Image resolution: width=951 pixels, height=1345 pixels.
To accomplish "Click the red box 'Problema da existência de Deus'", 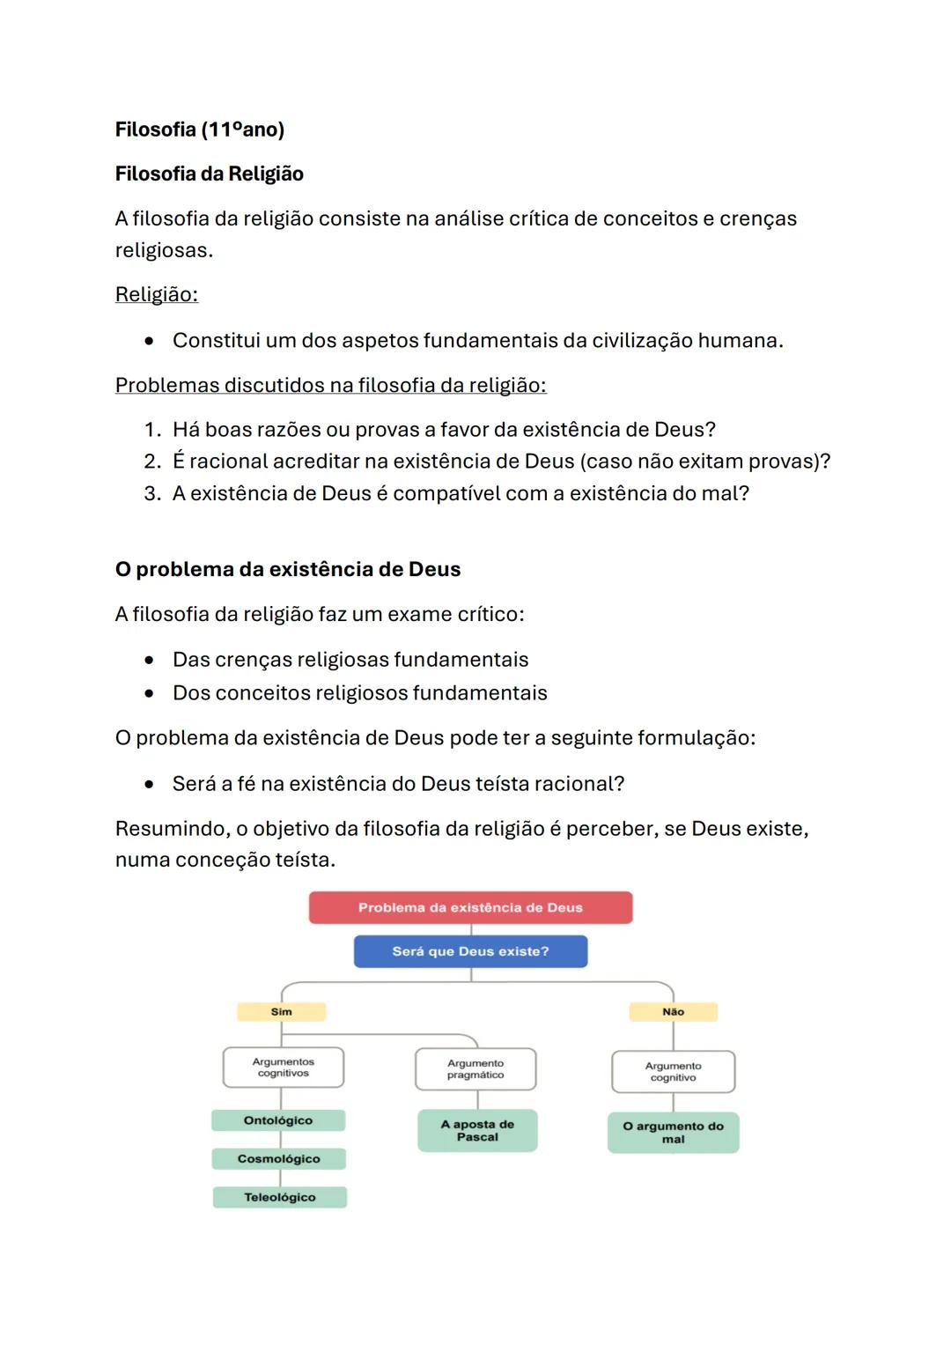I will tap(470, 907).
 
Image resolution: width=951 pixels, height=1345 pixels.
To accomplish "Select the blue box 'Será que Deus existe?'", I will tap(470, 951).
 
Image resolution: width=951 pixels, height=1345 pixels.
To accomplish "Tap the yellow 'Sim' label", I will tap(281, 1012).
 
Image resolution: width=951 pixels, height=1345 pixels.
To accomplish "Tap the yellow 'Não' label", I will tap(673, 1012).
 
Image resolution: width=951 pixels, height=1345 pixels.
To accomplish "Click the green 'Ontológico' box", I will tap(278, 1120).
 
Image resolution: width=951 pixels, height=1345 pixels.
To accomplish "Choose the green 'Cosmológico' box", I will tap(278, 1159).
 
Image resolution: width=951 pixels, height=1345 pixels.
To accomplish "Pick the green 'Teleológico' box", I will tap(279, 1197).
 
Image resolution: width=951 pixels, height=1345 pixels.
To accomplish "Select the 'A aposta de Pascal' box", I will tap(477, 1131).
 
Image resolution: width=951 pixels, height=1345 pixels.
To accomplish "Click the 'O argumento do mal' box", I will tap(673, 1133).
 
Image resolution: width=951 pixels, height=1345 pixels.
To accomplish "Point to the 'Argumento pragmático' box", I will tap(475, 1069).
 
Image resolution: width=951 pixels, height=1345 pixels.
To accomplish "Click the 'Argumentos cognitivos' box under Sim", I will tap(283, 1068).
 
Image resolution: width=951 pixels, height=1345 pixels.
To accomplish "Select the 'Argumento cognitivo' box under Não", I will tap(673, 1072).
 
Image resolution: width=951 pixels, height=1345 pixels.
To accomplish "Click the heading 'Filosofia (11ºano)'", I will tap(200, 129).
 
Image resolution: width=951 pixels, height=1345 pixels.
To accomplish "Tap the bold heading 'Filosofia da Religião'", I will tap(210, 174).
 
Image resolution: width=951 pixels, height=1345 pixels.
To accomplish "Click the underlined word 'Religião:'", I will tap(157, 294).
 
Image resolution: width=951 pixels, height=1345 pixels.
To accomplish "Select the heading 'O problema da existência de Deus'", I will tap(288, 569).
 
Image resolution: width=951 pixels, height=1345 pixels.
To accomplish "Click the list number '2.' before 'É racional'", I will tap(152, 462).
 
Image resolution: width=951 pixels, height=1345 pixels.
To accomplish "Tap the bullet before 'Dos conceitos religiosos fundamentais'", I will tap(151, 693).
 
